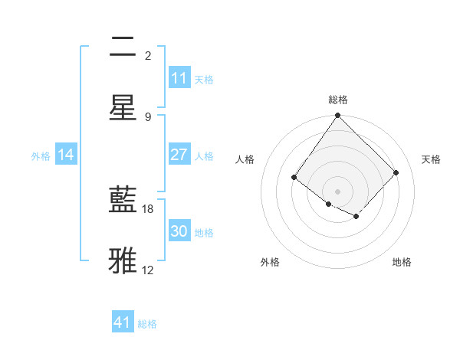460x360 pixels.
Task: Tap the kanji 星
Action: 123,107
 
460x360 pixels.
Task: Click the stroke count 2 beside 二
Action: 148,56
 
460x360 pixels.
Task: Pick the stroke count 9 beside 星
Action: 148,116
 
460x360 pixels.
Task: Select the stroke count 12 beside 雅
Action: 148,270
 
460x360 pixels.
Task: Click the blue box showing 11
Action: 179,78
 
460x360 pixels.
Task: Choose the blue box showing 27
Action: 179,155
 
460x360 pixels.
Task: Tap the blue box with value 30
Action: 179,231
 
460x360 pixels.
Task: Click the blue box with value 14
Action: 66,155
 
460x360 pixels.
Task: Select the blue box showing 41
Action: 123,322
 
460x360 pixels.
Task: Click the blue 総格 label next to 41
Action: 147,324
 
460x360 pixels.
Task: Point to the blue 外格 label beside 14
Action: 41,156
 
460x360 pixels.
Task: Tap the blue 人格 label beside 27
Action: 204,156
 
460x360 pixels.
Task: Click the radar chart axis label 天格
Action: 431,159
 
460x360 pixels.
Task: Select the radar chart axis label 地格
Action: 402,263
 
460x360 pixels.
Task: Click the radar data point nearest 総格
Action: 337,116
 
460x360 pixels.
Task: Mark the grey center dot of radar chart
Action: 337,191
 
